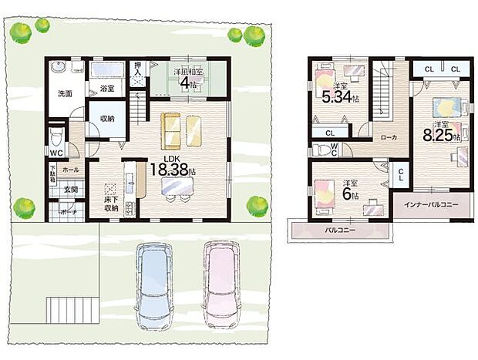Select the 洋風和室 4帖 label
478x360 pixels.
click(x=188, y=77)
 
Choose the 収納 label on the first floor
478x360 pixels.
click(x=106, y=119)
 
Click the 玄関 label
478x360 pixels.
click(x=70, y=189)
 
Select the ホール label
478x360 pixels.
click(x=70, y=169)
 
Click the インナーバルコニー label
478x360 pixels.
click(x=431, y=204)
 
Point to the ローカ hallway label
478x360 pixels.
click(x=389, y=136)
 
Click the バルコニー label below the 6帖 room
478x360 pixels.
click(x=339, y=230)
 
